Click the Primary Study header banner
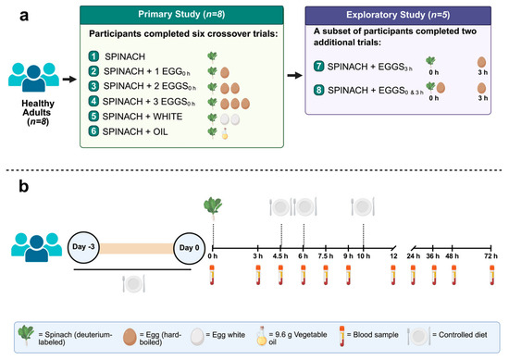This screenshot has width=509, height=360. pyautogui.click(x=181, y=15)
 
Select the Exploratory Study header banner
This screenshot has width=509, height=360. pyautogui.click(x=398, y=15)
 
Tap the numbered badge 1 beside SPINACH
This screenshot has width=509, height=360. pyautogui.click(x=93, y=56)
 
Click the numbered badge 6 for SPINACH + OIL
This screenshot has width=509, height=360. pyautogui.click(x=93, y=131)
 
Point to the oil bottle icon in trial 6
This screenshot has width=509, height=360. pyautogui.click(x=225, y=133)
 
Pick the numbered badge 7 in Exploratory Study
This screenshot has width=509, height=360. pyautogui.click(x=318, y=66)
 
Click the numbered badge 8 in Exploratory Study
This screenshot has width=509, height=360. pyautogui.click(x=318, y=90)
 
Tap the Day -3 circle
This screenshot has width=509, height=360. pyautogui.click(x=83, y=247)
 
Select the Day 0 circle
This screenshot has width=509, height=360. pyautogui.click(x=189, y=248)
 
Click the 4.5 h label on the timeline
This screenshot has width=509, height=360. pyautogui.click(x=280, y=256)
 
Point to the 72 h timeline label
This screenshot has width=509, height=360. pyautogui.click(x=490, y=256)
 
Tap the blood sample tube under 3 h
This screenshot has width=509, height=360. pyautogui.click(x=258, y=275)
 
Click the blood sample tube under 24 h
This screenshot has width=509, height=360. pyautogui.click(x=413, y=275)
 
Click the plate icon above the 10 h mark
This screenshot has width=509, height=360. pyautogui.click(x=363, y=206)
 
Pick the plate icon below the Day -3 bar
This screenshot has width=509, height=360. pyautogui.click(x=134, y=283)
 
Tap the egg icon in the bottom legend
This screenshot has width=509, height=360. pyautogui.click(x=130, y=337)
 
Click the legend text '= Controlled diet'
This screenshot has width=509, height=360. pyautogui.click(x=460, y=335)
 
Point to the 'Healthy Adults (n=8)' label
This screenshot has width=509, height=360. pyautogui.click(x=37, y=112)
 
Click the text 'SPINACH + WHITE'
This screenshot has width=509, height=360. pyautogui.click(x=143, y=117)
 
